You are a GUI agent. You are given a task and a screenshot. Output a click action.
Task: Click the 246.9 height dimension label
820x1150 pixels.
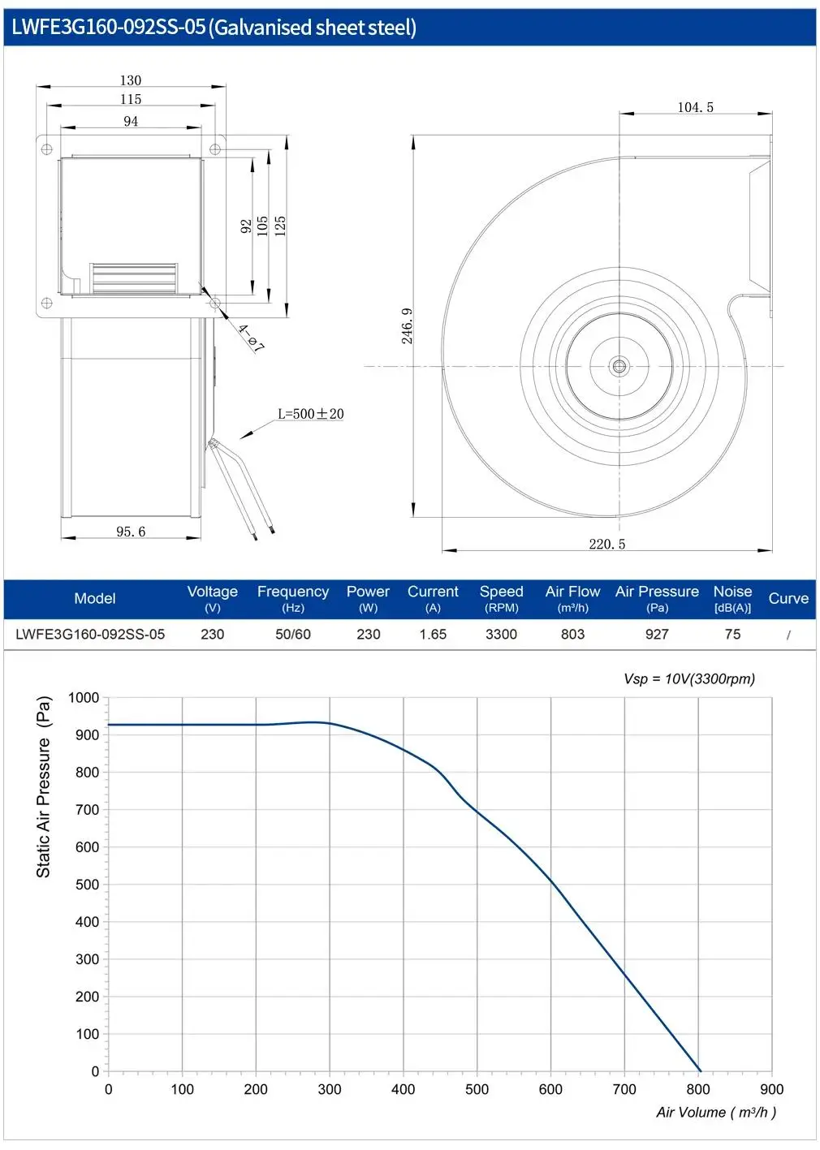[407, 326]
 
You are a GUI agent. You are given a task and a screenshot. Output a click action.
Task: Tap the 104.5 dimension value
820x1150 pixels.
[695, 107]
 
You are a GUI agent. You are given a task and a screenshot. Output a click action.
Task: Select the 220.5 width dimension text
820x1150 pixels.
[607, 545]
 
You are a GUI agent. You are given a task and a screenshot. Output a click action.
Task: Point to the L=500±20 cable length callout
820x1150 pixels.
[311, 414]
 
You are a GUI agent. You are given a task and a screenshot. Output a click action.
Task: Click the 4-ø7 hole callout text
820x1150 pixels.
[251, 338]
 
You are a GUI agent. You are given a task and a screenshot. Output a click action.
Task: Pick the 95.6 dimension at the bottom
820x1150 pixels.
[131, 532]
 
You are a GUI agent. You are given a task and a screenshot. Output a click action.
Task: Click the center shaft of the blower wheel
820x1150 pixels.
[619, 366]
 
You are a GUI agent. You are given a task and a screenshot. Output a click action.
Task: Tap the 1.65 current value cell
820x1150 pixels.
[433, 634]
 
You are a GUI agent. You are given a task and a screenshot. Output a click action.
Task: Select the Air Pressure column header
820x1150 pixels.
[657, 598]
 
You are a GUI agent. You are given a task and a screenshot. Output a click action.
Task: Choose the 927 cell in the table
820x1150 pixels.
[657, 634]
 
